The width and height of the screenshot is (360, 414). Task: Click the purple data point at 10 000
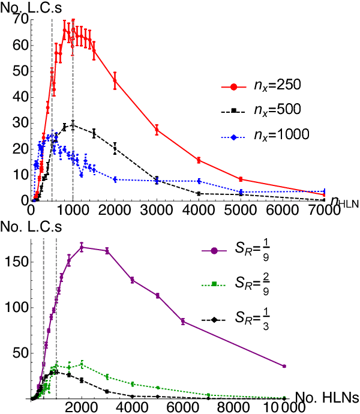284,366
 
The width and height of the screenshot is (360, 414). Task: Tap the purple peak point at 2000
82,247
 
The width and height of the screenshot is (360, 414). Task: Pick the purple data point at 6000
183,321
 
